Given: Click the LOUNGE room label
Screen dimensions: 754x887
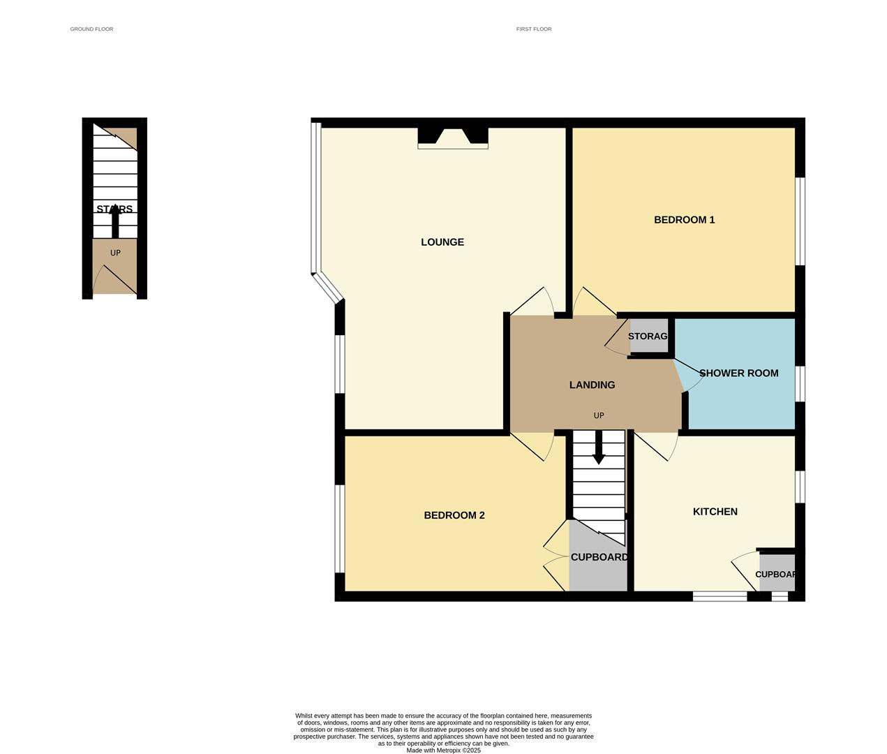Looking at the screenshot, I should click(x=442, y=242).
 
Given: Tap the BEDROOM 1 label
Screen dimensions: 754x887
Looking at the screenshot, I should click(x=684, y=220).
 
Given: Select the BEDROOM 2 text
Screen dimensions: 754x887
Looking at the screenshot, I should click(x=454, y=515).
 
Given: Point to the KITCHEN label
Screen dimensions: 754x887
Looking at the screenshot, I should click(x=715, y=512).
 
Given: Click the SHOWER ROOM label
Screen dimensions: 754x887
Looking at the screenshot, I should click(x=738, y=374).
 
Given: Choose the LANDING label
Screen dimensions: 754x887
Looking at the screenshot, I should click(x=592, y=385).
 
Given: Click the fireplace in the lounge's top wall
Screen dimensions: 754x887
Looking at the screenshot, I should click(x=452, y=137).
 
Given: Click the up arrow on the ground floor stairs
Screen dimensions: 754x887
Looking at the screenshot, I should click(x=115, y=222).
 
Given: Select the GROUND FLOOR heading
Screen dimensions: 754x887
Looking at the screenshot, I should click(x=91, y=29).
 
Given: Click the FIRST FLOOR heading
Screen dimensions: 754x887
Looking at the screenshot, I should click(x=534, y=29).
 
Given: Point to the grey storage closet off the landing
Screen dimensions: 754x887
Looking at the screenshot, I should click(x=648, y=337).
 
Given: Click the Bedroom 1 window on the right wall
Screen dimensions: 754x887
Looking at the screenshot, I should click(x=801, y=221).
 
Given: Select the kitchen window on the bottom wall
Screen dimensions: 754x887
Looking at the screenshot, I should click(x=720, y=596).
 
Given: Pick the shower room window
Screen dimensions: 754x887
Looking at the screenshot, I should click(x=801, y=383).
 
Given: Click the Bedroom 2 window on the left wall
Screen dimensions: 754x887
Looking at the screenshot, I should click(x=339, y=528).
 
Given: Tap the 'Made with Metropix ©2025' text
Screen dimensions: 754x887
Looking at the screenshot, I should click(x=443, y=751).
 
